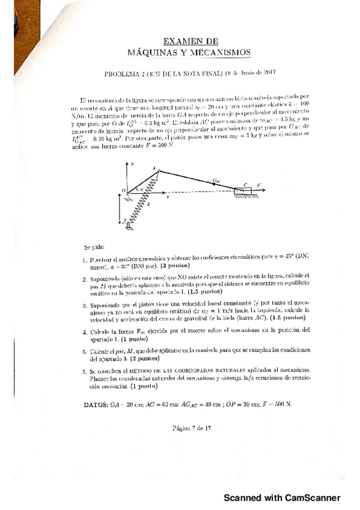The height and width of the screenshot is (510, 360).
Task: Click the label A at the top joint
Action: pos(154,168)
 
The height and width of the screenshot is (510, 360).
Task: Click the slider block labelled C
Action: pos(245,192)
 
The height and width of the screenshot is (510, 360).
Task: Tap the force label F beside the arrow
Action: pos(260,186)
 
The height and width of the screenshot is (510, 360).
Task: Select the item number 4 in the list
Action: pos(85,331)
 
